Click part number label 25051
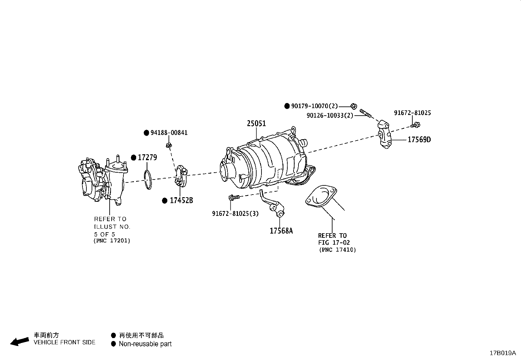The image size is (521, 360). [256, 124]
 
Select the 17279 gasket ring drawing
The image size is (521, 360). [148, 180]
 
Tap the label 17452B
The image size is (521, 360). [181, 200]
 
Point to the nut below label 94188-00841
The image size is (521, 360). [169, 145]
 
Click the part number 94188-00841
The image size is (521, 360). [169, 133]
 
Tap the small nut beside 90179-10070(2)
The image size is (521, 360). [353, 106]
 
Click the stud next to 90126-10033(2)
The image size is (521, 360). [366, 113]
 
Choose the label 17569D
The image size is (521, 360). [419, 140]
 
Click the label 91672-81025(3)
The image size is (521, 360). [235, 214]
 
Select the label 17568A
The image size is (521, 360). [281, 231]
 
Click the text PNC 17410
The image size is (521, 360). [337, 250]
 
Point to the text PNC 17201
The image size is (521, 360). [112, 241]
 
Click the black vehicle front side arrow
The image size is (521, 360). [19, 341]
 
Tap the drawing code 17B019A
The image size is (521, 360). [503, 353]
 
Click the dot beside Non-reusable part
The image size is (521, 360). [114, 344]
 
